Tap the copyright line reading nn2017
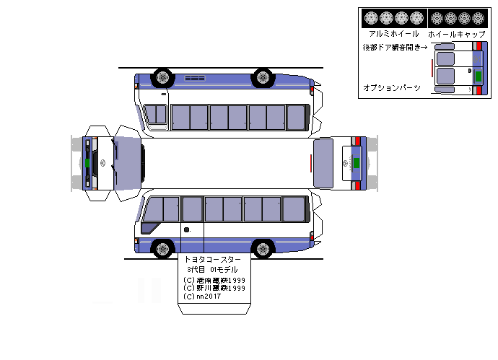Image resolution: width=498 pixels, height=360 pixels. pyautogui.click(x=203, y=297)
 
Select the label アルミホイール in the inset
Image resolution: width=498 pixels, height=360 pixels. pyautogui.click(x=393, y=34)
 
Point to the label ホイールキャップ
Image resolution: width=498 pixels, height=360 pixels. pyautogui.click(x=456, y=34)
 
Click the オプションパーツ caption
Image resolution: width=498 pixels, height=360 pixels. pyautogui.click(x=391, y=87)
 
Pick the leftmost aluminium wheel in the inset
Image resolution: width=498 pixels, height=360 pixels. pyautogui.click(x=371, y=17)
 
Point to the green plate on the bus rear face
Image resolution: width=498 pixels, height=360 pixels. pyautogui.click(x=356, y=162)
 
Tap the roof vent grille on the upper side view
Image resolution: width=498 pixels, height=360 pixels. pyautogui.click(x=195, y=77)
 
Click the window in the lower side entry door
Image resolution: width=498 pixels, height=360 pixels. pyautogui.click(x=192, y=208)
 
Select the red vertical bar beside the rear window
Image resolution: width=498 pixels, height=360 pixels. pyautogui.click(x=312, y=164)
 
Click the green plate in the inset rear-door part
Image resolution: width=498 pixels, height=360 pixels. pyautogui.click(x=477, y=72)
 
